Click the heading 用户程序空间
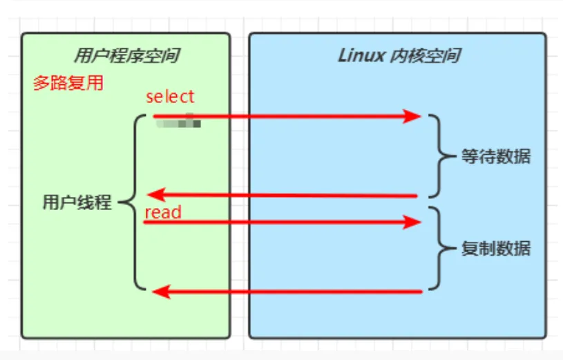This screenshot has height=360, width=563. (x=126, y=56)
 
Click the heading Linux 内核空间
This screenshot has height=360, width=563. (x=399, y=56)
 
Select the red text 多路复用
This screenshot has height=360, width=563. (x=68, y=84)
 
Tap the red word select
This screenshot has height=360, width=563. (x=170, y=97)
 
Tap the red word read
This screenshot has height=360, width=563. (x=163, y=212)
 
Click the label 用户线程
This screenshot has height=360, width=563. (x=77, y=202)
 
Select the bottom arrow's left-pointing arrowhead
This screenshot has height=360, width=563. (x=159, y=292)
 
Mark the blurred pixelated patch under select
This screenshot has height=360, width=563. (x=178, y=124)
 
